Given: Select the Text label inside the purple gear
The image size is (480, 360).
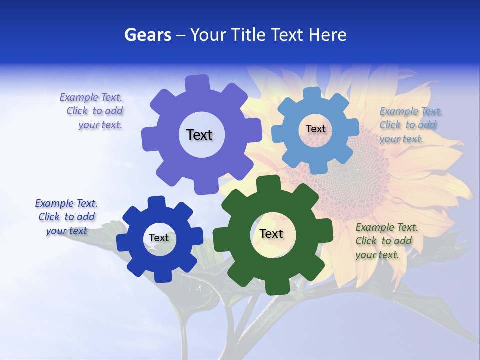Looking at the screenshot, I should pos(199,135).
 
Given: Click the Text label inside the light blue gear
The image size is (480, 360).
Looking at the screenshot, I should pos(315,129).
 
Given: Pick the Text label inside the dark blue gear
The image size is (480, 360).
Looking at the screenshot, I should pos(159,238).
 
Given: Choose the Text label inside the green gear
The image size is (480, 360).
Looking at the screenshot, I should pos(271,233).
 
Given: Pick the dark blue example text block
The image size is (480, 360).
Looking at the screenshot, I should pos(66,217).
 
